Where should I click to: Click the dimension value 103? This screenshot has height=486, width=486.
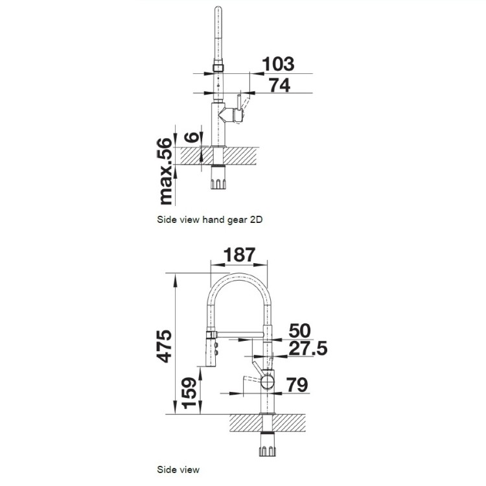pos(278,64)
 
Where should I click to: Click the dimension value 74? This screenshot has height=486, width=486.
pos(279,86)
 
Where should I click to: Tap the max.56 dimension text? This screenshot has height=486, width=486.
pos(165,172)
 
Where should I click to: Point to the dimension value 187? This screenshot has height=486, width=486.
pos(239,255)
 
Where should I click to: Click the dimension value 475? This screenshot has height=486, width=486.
pos(164,346)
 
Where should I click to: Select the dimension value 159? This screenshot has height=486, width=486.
pos(189,393)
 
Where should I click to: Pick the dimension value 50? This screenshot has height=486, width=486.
pos(299,330)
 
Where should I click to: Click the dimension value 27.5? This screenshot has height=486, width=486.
pos(308,348)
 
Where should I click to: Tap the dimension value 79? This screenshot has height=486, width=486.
pos(297,385)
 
